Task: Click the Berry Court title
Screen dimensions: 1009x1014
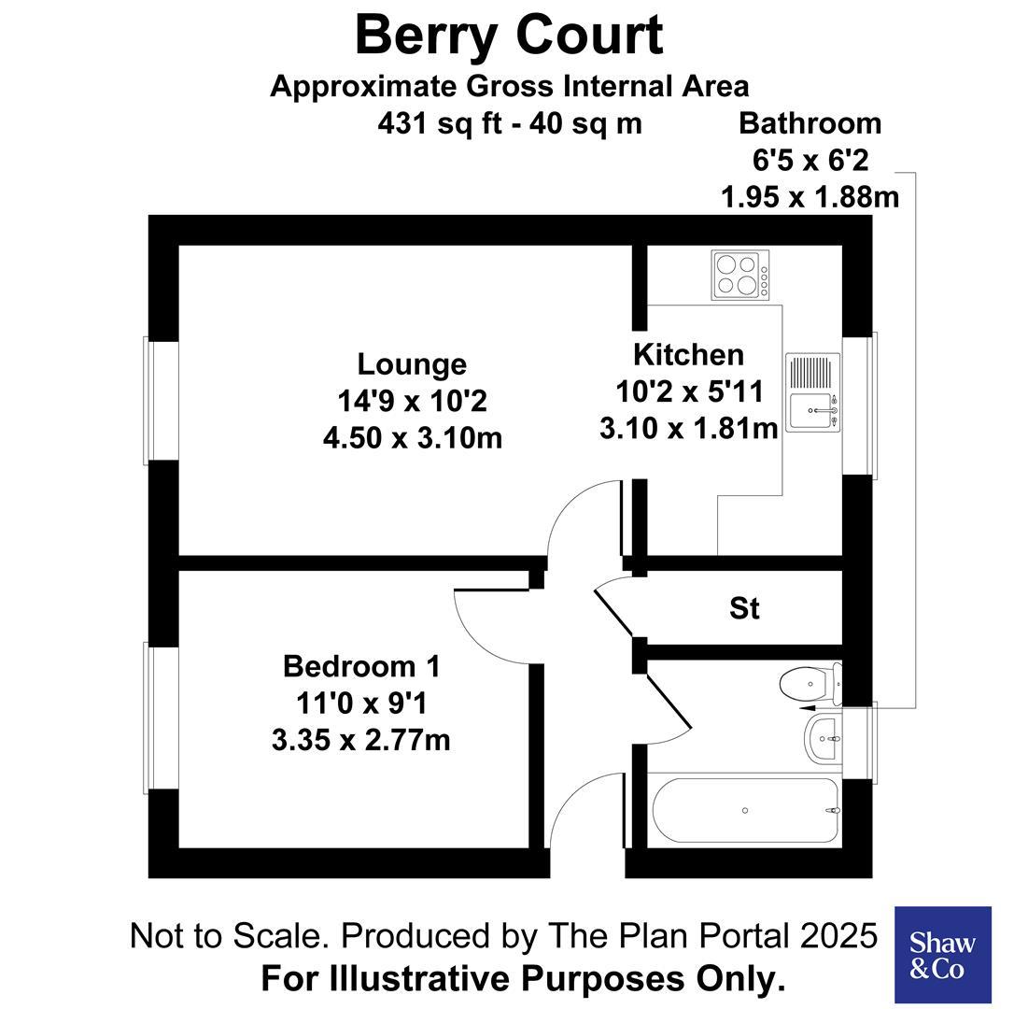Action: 508,36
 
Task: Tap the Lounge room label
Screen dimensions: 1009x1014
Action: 412,363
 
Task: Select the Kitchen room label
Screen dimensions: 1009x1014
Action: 688,355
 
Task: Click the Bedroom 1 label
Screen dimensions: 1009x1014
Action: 360,667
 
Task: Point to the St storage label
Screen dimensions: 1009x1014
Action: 743,609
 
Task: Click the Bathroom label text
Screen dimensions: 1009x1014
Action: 810,122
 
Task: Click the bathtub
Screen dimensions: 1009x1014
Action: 745,810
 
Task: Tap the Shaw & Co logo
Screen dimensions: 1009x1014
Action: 942,955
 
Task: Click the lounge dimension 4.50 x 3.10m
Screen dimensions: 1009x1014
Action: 412,437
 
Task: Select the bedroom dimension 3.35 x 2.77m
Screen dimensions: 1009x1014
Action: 360,741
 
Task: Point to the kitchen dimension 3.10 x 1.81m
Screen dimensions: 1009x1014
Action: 688,428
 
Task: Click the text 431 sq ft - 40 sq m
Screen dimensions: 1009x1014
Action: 510,123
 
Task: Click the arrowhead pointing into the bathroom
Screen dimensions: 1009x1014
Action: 809,709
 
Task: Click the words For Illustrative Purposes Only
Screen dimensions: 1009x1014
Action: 522,979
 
